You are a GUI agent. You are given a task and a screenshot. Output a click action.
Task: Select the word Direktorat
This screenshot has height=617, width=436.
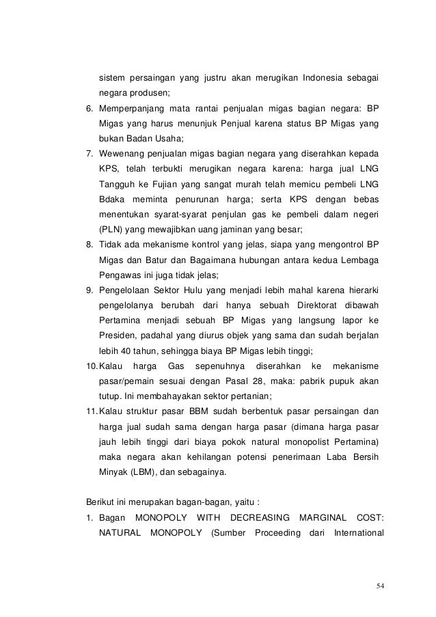(321, 304)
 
